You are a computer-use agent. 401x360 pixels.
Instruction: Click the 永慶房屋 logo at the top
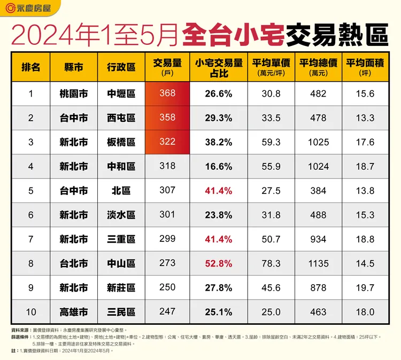click(30, 9)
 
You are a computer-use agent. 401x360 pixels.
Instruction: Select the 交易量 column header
click(167, 66)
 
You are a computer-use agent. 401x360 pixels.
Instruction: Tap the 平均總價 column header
click(319, 66)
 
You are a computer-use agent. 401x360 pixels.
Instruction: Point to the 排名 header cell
click(30, 67)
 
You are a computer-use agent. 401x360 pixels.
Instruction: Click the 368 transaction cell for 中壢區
click(167, 93)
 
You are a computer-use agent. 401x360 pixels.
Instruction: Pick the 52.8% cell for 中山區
click(218, 263)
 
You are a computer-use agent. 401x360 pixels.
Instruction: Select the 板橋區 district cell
click(121, 142)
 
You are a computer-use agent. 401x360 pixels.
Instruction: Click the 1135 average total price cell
click(319, 263)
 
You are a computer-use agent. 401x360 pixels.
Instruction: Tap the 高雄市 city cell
click(74, 312)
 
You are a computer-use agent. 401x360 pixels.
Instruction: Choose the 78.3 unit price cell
click(272, 263)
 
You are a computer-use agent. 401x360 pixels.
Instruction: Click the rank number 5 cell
click(30, 191)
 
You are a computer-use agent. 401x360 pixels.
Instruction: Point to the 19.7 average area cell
click(365, 288)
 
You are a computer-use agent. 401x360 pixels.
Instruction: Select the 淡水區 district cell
click(121, 215)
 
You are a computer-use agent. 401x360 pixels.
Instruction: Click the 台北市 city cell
click(74, 263)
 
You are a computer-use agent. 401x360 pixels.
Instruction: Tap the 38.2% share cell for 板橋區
click(218, 142)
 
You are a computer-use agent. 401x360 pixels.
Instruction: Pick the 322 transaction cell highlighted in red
click(167, 142)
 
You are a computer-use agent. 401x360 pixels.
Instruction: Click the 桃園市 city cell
click(74, 94)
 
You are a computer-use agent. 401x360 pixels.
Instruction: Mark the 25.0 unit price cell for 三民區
click(272, 312)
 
